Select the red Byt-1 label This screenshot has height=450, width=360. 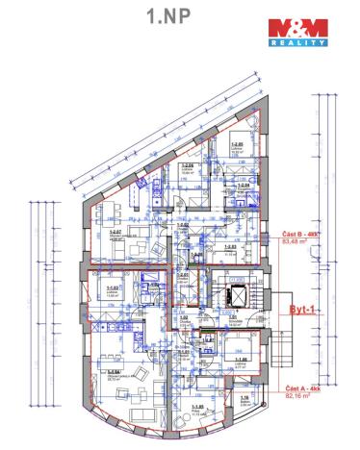[305, 310]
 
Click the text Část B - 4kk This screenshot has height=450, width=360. [300, 235]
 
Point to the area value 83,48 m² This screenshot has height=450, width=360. [296, 242]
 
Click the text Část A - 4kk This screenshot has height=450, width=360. [302, 387]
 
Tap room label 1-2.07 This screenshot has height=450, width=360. [115, 232]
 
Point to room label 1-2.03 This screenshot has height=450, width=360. [230, 246]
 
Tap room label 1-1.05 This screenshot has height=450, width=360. [196, 407]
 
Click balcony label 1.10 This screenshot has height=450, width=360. [245, 398]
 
